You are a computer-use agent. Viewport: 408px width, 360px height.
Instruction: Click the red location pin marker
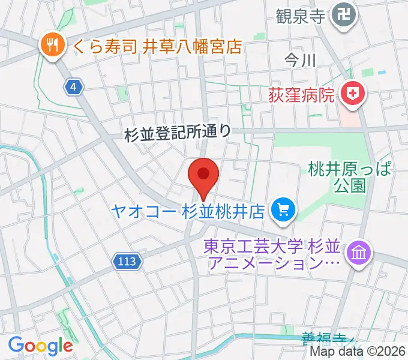tap(203, 176)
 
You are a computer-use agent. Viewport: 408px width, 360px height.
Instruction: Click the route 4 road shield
tap(73, 88)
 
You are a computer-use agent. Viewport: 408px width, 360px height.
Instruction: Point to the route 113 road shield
tap(127, 261)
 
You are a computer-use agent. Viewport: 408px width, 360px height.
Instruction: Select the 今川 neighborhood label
tap(300, 60)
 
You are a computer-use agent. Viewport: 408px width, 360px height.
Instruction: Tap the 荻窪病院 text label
tap(300, 94)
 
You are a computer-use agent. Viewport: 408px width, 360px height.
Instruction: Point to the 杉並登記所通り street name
tap(178, 133)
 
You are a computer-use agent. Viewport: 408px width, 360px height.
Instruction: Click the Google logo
tap(40, 346)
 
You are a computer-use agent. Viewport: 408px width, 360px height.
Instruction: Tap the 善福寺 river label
tap(324, 339)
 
